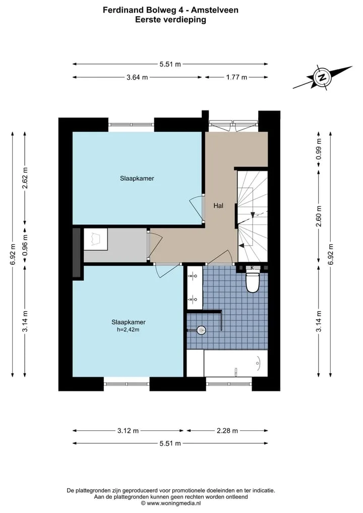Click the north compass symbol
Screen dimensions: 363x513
pyautogui.click(x=322, y=78)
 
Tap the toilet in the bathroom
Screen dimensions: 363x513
pyautogui.click(x=252, y=282)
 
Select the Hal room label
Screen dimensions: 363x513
pyautogui.click(x=218, y=205)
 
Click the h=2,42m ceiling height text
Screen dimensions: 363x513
pyautogui.click(x=128, y=329)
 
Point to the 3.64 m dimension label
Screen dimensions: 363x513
pyautogui.click(x=137, y=77)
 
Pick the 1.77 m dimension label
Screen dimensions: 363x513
pyautogui.click(x=236, y=77)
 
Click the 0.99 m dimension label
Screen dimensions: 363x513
pyautogui.click(x=319, y=149)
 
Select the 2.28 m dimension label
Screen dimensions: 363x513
pyautogui.click(x=227, y=431)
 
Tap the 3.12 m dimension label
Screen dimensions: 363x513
pyautogui.click(x=128, y=431)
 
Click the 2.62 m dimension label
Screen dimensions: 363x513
pyautogui.click(x=25, y=178)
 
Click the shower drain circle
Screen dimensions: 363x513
pyautogui.click(x=202, y=330)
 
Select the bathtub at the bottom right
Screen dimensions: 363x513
pyautogui.click(x=235, y=363)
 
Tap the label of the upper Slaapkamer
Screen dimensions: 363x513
pyautogui.click(x=137, y=178)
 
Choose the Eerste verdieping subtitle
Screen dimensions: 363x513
pyautogui.click(x=171, y=20)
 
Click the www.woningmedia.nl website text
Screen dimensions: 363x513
pyautogui.click(x=173, y=503)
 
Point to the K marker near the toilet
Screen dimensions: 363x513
pyautogui.click(x=252, y=268)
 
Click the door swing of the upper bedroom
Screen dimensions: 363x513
pyautogui.click(x=196, y=208)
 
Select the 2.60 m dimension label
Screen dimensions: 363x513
pyautogui.click(x=319, y=216)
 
